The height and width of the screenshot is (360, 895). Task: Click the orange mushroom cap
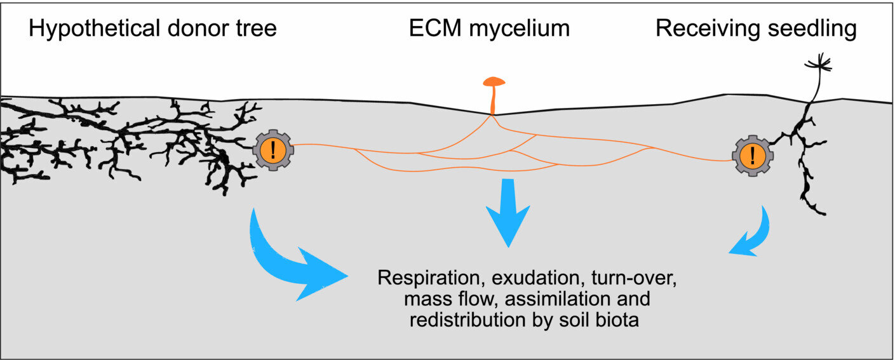pos(494,81)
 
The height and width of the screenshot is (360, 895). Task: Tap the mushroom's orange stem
pos(492,100)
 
